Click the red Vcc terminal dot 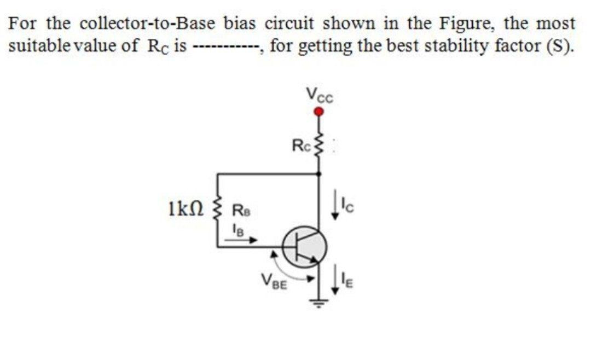pyautogui.click(x=319, y=112)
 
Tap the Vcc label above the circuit pyautogui.click(x=320, y=97)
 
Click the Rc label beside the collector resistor pyautogui.click(x=301, y=146)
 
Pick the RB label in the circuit pyautogui.click(x=240, y=208)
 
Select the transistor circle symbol pyautogui.click(x=305, y=247)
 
